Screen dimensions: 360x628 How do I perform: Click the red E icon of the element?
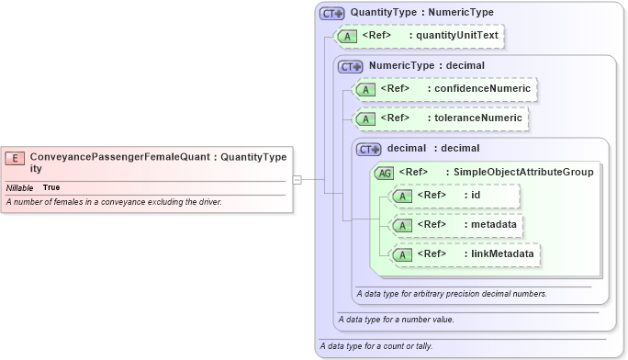pos(15,157)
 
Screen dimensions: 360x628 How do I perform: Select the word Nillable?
pos(19,187)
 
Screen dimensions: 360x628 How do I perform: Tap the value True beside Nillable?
pos(51,187)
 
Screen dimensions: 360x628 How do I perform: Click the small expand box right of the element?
pos(297,179)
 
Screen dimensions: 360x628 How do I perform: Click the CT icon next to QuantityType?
pos(331,13)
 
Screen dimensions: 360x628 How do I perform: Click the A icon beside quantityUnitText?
pos(348,37)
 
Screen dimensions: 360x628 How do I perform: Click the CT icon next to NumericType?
pos(351,66)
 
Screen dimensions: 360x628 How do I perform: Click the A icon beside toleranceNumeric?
pos(366,118)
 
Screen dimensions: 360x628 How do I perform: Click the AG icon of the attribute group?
pos(385,172)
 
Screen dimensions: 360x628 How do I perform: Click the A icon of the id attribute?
pos(403,196)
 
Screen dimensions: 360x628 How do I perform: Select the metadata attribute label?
pos(491,224)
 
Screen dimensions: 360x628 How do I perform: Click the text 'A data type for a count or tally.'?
pos(376,346)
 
